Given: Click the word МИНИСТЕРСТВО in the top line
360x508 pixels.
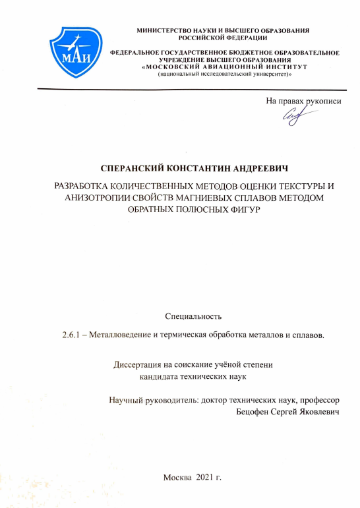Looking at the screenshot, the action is tap(162, 30).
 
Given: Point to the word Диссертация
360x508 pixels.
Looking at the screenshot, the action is tap(141, 365).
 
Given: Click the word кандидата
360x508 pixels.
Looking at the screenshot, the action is tap(162, 377).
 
